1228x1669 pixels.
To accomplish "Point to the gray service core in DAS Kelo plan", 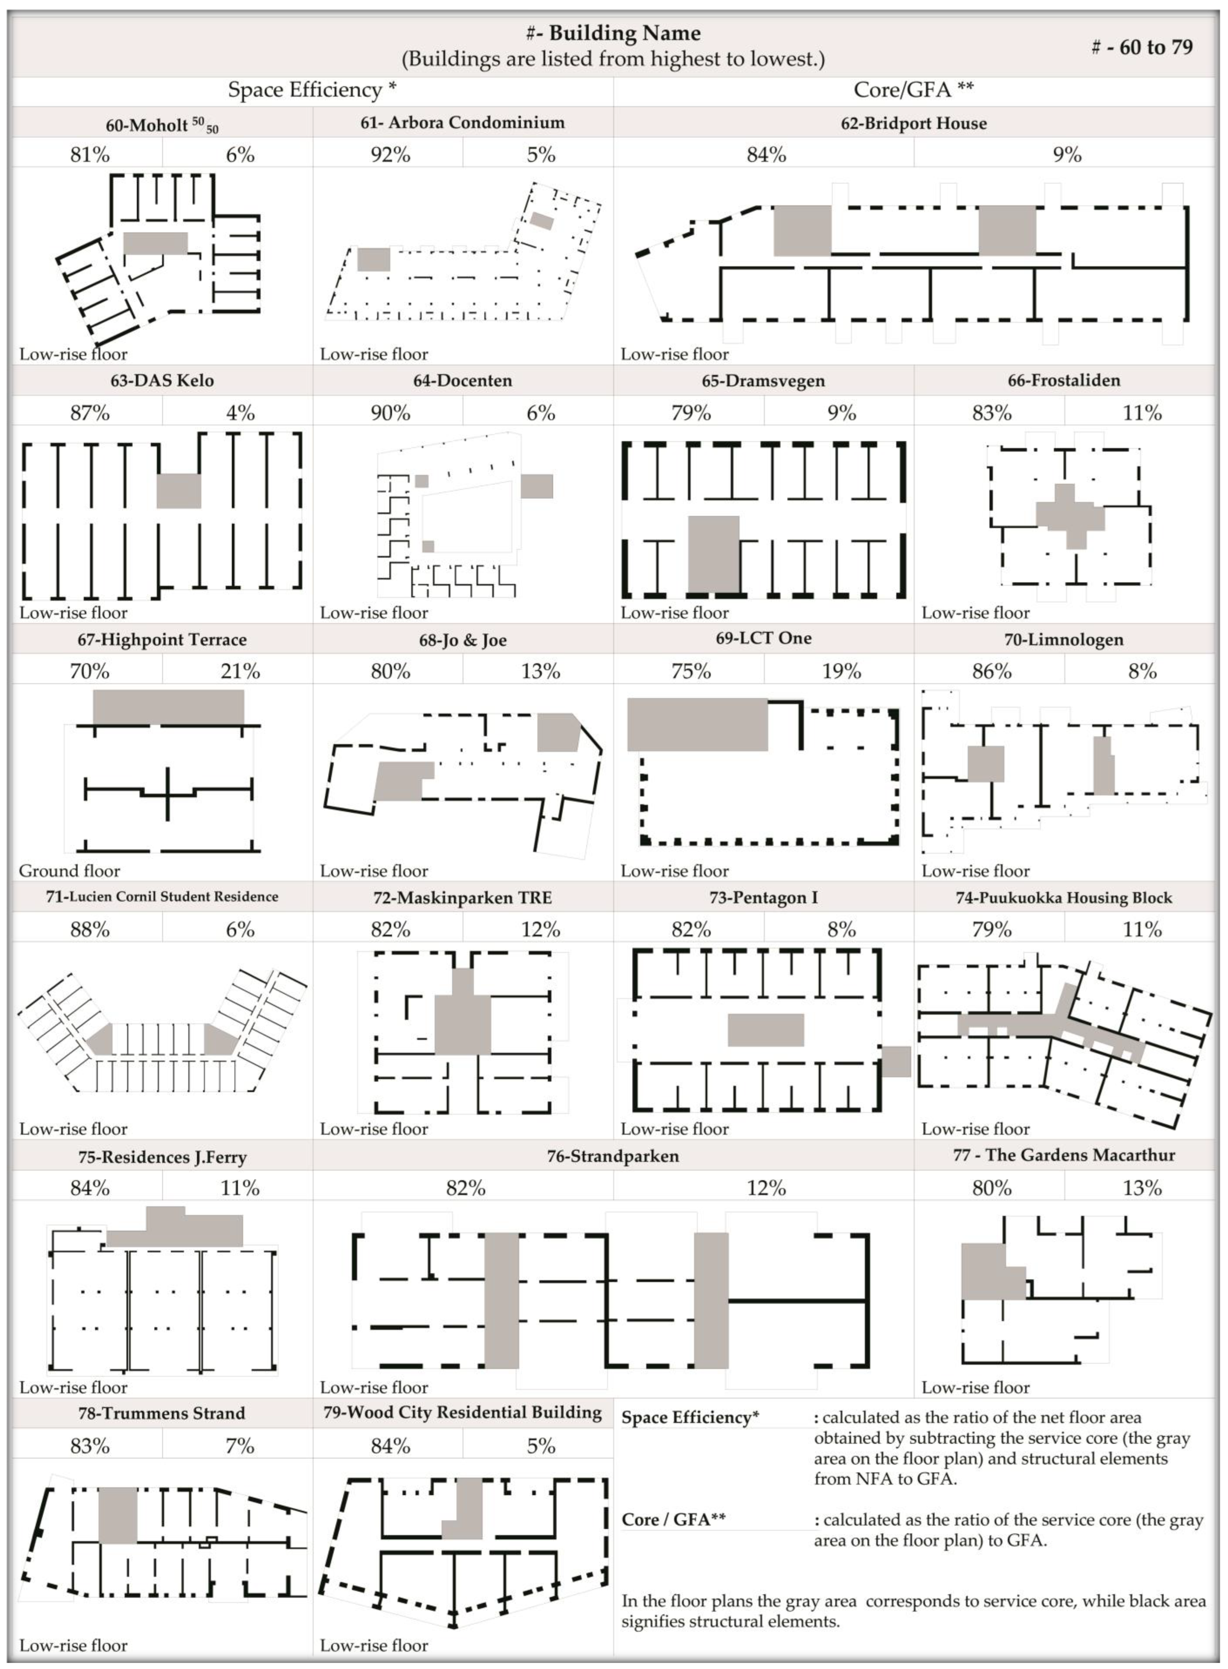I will coord(179,491).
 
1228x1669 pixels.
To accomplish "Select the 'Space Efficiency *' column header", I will coord(312,90).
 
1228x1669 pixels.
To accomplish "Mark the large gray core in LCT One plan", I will coord(697,725).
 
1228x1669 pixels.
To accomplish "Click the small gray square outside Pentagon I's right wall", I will coord(896,1061).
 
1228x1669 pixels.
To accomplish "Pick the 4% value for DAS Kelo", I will coord(240,413).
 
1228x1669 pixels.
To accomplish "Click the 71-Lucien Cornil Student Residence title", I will coord(162,897).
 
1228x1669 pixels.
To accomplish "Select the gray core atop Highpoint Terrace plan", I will coord(168,707).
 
